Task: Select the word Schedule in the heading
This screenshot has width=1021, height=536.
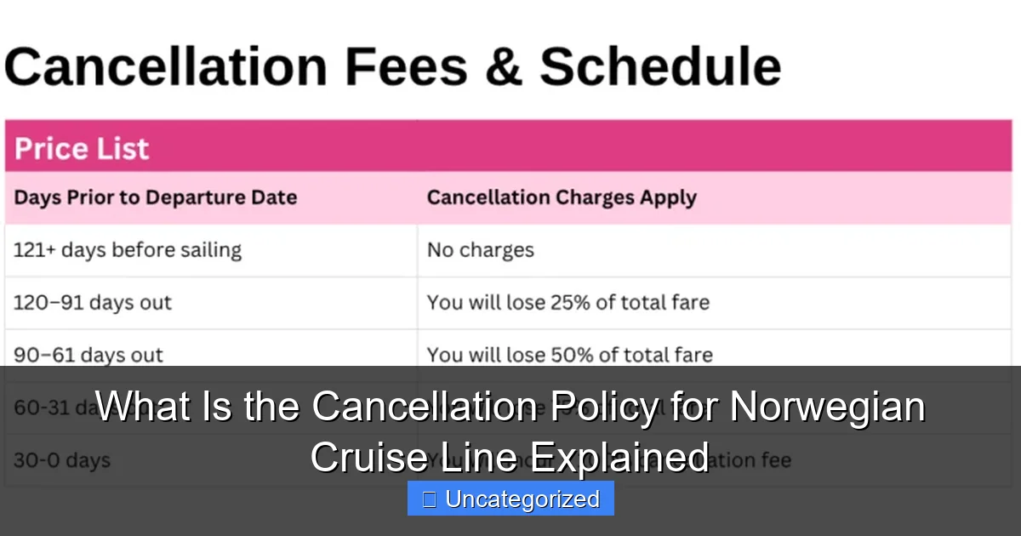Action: coord(659,66)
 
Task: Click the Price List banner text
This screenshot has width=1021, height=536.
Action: coord(82,149)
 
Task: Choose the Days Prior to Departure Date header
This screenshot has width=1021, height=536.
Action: coord(156,197)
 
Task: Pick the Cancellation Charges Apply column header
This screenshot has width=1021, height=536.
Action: coord(562,197)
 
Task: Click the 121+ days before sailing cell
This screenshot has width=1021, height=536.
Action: coord(128,250)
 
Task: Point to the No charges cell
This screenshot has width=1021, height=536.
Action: coord(481,250)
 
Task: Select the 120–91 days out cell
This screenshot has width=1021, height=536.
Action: coord(93,302)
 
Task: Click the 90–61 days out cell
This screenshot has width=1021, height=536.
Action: coord(88,355)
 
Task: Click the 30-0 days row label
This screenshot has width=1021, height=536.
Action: coord(62,460)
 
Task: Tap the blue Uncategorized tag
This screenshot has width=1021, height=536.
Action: coord(510,499)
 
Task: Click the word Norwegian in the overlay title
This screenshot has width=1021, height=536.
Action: coord(828,407)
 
